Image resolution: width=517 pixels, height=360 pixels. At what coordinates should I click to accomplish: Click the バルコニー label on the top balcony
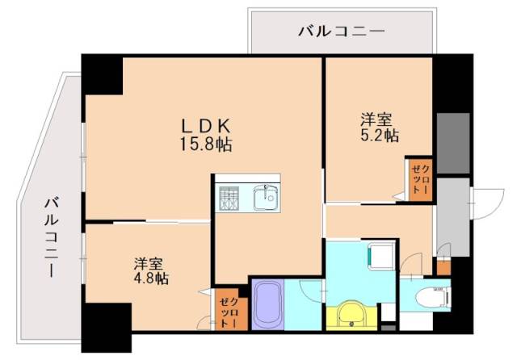341,31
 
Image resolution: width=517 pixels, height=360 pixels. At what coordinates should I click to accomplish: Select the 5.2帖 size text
379,136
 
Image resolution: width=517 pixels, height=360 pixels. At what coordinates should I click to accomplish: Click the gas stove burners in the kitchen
229,199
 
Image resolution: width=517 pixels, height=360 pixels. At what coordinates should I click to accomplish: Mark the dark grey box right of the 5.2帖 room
452,144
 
